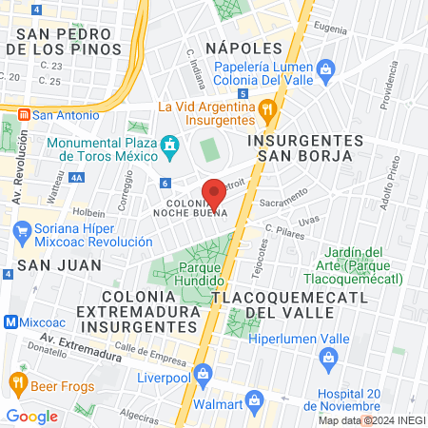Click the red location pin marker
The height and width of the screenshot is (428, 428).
[x=214, y=194]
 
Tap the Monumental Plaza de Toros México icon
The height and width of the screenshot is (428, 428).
[x=170, y=146]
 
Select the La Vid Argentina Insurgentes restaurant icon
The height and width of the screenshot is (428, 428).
[x=268, y=108]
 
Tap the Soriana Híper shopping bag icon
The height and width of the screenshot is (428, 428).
[x=20, y=229]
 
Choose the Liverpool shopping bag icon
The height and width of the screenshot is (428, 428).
[x=201, y=372]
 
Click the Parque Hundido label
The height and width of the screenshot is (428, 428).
[x=187, y=276]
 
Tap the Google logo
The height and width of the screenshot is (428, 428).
[x=31, y=416]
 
